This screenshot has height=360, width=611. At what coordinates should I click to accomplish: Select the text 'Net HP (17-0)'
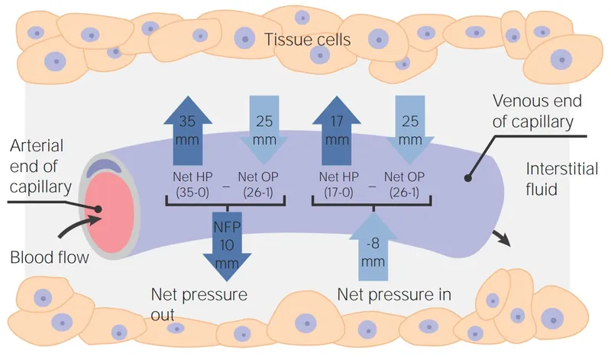coord(337,183)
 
